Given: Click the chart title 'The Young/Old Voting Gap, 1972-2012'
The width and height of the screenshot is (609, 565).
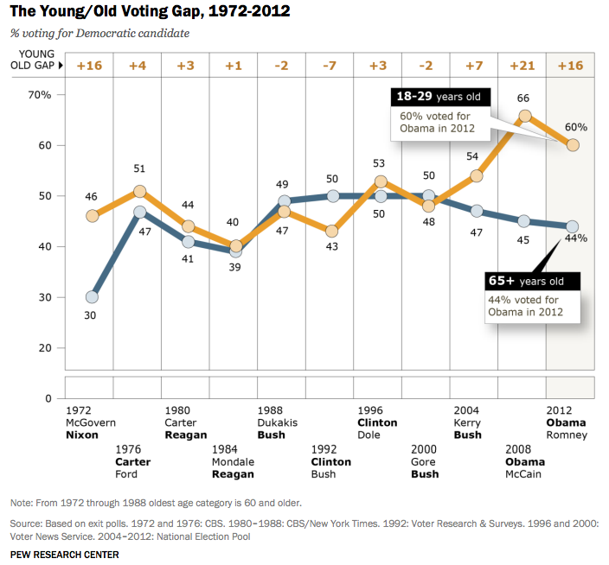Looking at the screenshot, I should [150, 11].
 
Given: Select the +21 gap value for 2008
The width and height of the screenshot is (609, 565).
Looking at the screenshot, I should [522, 66].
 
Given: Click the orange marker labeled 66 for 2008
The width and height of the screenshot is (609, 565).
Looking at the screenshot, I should [524, 116].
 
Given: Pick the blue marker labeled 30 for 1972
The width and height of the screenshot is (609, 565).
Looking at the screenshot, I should [92, 297].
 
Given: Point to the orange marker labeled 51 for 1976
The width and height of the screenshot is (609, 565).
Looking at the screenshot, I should [139, 192].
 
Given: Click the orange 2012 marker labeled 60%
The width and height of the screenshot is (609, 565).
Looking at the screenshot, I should [572, 145].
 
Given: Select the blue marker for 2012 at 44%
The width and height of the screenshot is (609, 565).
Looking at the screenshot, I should [572, 226].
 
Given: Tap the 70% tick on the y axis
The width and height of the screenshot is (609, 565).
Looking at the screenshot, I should [41, 94].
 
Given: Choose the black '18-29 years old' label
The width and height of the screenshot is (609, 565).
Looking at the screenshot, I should [440, 97].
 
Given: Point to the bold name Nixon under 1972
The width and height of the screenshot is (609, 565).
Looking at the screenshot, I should [82, 435].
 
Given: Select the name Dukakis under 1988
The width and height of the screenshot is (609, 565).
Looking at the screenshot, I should [279, 423].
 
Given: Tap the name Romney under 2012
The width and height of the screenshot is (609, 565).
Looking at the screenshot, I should [567, 435].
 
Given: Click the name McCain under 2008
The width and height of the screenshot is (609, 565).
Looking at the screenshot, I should [524, 473].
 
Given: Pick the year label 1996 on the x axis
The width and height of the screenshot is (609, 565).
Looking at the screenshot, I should [370, 411].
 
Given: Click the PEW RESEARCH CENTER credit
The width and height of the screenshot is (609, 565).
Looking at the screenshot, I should [65, 554].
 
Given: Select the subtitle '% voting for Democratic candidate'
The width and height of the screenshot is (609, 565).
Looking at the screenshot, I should [100, 33].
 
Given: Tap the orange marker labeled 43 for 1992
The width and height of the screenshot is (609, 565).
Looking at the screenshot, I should [332, 232].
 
